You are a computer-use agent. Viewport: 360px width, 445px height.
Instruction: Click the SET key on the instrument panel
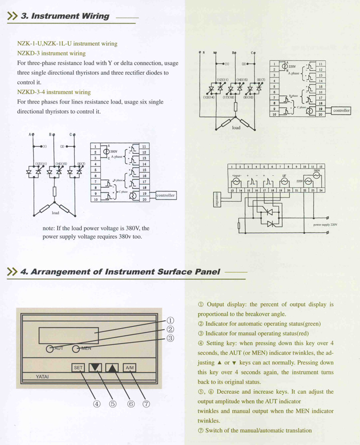coord(78,367)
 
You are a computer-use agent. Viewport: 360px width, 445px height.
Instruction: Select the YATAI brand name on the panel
coord(43,377)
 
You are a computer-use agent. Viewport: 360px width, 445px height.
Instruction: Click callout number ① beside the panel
coord(170,321)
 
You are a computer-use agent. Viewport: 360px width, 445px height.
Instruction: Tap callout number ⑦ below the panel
coord(146,404)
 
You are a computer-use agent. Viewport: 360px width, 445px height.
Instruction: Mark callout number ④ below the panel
coord(97,404)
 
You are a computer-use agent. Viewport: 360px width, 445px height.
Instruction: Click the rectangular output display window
coord(68,336)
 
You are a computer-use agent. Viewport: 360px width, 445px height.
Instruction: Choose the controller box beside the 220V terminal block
coord(341,110)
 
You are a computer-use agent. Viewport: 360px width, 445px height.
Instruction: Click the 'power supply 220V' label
coord(325,225)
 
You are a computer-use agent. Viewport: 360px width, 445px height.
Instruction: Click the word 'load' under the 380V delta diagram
coord(55,212)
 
